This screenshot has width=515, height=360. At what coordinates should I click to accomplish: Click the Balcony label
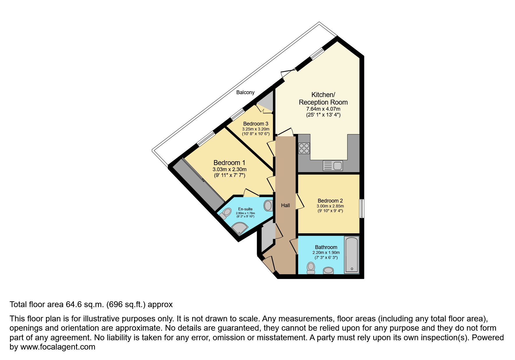[245, 92]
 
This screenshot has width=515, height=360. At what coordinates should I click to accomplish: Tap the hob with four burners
[304, 148]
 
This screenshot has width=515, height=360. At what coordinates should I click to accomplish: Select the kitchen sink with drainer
[333, 166]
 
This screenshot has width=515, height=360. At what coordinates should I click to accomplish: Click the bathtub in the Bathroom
[352, 255]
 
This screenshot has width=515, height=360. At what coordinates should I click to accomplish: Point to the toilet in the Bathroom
[311, 268]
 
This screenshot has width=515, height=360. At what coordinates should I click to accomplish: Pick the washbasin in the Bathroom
[328, 271]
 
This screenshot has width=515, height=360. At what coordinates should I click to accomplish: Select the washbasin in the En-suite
[268, 206]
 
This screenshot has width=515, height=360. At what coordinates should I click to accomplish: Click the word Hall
[285, 205]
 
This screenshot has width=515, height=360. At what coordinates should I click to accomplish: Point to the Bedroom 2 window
[361, 208]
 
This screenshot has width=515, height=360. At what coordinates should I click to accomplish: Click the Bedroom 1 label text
[229, 163]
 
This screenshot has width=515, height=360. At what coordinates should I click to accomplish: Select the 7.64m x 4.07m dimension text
[323, 109]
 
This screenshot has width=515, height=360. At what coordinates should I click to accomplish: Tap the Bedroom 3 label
[256, 124]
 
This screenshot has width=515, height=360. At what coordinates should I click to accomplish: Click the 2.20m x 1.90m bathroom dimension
[326, 252]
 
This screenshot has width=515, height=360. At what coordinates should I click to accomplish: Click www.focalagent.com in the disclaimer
[58, 347]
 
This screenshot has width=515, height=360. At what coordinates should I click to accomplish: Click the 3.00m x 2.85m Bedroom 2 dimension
[330, 206]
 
